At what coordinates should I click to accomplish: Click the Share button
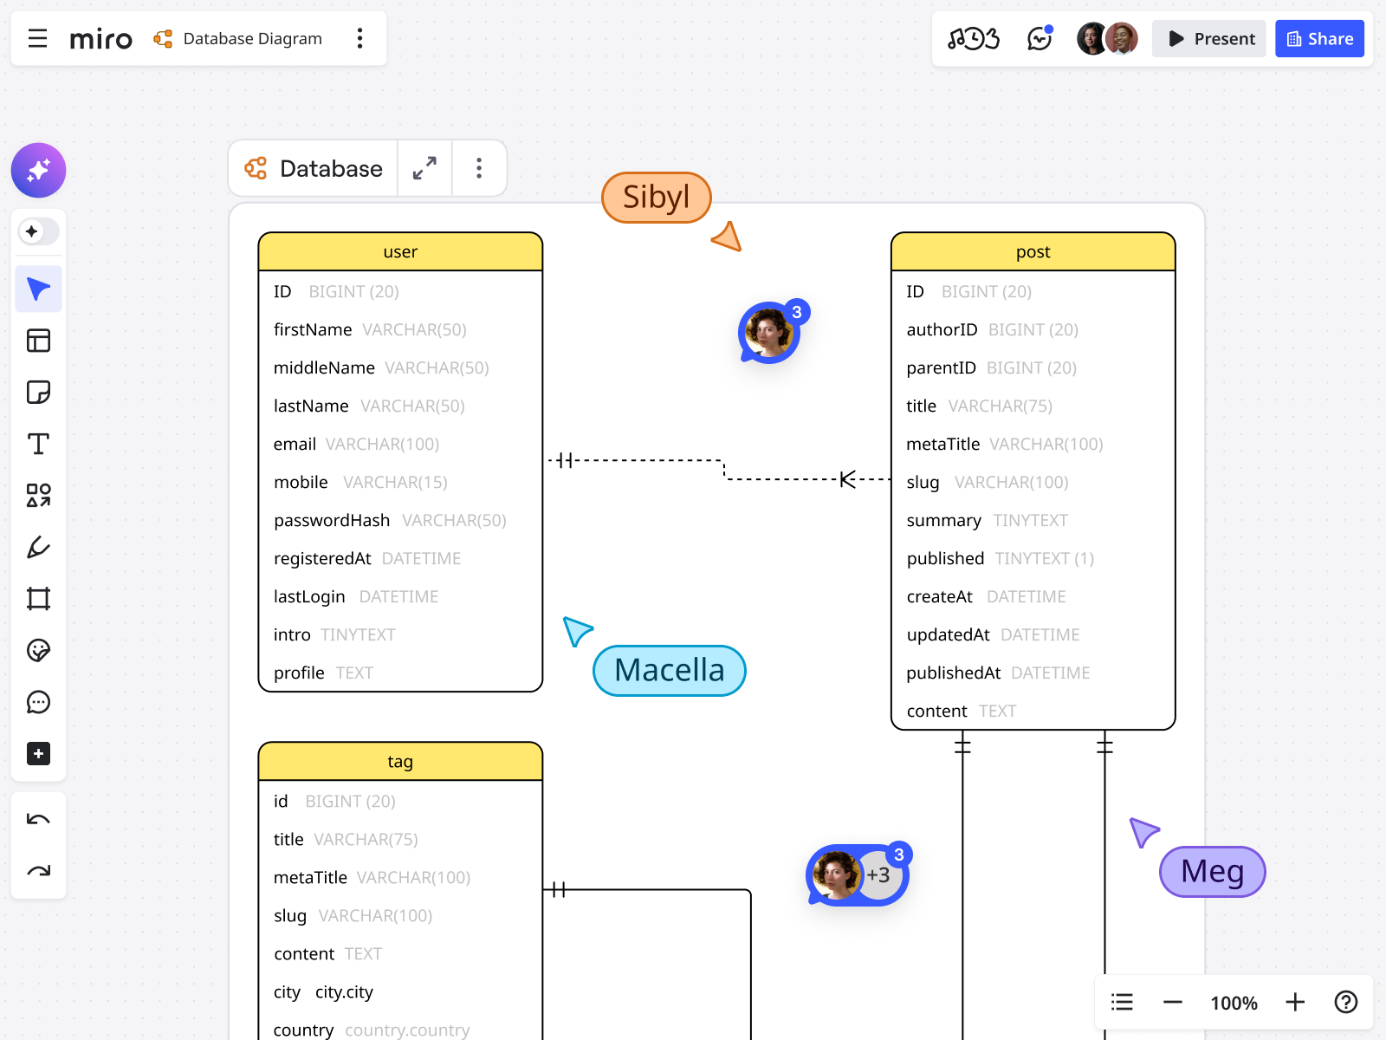pos(1319,39)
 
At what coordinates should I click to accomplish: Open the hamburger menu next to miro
pos(37,39)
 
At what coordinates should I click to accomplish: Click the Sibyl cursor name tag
pos(656,198)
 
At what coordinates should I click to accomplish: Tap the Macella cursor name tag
pos(669,671)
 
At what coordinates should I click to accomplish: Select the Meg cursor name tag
pos(1212,872)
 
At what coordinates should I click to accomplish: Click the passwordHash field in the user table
pos(332,520)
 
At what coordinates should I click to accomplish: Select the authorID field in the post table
pos(942,329)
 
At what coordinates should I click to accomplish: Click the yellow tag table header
pos(400,762)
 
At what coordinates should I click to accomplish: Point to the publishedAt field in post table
pos(953,673)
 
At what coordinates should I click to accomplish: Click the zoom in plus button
pos(1295,1003)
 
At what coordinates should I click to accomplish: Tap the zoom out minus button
pos(1173,1003)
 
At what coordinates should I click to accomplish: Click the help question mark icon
pos(1345,1003)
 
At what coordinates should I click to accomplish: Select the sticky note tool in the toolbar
pos(38,393)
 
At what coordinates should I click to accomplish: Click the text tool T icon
pos(38,444)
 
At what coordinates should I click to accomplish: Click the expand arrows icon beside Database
pos(424,168)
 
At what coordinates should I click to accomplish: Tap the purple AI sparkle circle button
pos(38,170)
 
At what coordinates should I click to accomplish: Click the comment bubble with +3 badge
pos(856,875)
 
